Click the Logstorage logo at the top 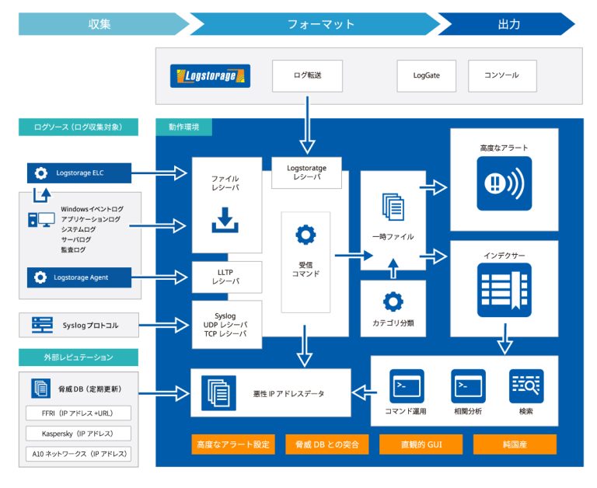click(210, 76)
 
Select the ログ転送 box click(308, 76)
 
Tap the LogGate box click(426, 76)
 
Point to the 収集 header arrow click(101, 24)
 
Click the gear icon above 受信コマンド click(305, 234)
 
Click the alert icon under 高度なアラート click(504, 184)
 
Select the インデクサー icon click(504, 288)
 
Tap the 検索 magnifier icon click(526, 385)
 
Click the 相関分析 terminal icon click(468, 385)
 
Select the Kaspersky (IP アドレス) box click(78, 433)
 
